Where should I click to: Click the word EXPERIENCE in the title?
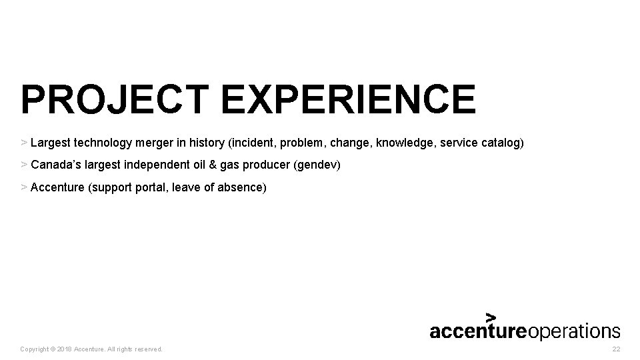tap(349, 100)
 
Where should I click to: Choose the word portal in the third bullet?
tap(149, 187)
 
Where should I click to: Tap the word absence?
tap(242, 187)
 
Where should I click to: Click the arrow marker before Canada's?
tap(24, 165)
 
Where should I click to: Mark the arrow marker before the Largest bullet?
tap(24, 143)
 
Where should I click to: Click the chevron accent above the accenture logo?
tap(491, 317)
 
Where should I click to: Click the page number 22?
tap(615, 349)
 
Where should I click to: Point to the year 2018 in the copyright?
tap(64, 349)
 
